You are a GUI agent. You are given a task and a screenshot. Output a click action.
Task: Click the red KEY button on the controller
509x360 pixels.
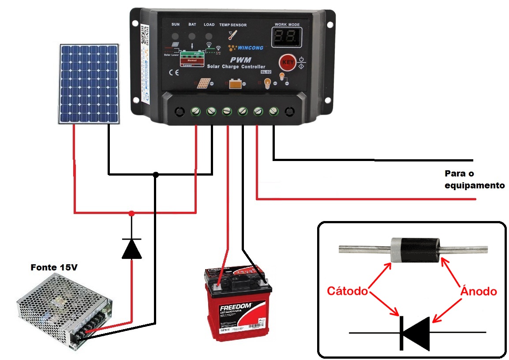[288, 63]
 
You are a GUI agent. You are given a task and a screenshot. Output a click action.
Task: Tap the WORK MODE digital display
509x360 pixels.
[287, 38]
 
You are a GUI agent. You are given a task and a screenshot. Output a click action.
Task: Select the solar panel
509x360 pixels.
[90, 84]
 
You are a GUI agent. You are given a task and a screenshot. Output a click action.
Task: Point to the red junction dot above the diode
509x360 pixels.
[131, 214]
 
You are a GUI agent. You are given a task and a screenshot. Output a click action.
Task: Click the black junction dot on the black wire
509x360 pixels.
[155, 174]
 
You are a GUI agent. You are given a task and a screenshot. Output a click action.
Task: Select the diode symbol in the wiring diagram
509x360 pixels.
[131, 248]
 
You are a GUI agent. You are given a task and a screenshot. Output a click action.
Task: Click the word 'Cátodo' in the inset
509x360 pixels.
[347, 291]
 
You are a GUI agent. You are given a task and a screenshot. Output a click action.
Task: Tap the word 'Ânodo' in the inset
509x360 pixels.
[479, 291]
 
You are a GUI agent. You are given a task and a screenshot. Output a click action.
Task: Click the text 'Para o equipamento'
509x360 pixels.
[474, 180]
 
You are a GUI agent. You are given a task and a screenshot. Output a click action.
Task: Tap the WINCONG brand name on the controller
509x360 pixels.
[248, 47]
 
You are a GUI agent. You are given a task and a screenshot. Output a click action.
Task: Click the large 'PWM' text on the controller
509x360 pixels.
[240, 60]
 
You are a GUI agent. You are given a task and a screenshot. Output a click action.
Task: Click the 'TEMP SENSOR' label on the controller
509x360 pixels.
[232, 25]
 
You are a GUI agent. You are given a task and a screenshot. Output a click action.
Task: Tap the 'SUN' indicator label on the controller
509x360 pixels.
[176, 25]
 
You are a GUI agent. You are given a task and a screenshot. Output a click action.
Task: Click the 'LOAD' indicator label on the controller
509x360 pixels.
[209, 25]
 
